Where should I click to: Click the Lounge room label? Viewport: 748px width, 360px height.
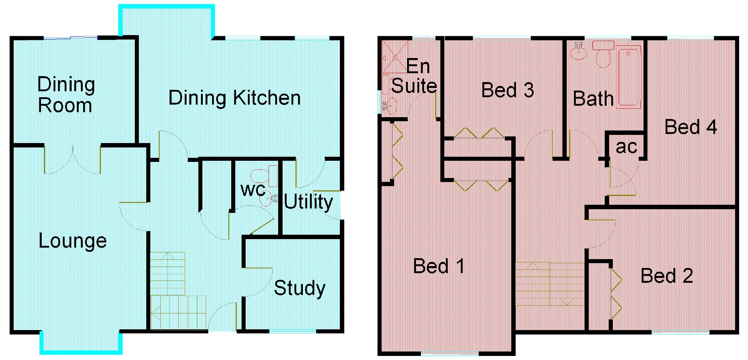pos(73,241)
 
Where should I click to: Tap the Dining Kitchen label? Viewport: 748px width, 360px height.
pos(235,98)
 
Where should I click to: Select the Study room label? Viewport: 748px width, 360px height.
pos(300,289)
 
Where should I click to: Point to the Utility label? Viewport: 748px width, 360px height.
pos(308,202)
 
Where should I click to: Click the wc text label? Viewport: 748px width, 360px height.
pos(253,190)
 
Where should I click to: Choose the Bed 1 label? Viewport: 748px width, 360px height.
pos(439,266)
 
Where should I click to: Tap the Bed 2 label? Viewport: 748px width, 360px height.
pos(667,276)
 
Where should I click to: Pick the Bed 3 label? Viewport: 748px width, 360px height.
pos(508,90)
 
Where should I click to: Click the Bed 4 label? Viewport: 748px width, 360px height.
pos(691,127)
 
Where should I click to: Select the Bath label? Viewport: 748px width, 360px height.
pos(593,99)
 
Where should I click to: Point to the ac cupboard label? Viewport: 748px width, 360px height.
pos(626,147)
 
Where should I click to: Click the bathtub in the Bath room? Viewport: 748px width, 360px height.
pos(630,77)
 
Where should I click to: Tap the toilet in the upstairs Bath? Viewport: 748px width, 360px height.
pos(603,54)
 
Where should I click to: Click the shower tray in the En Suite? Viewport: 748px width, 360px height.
pos(395,57)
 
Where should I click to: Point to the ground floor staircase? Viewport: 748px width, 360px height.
pos(177,291)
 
